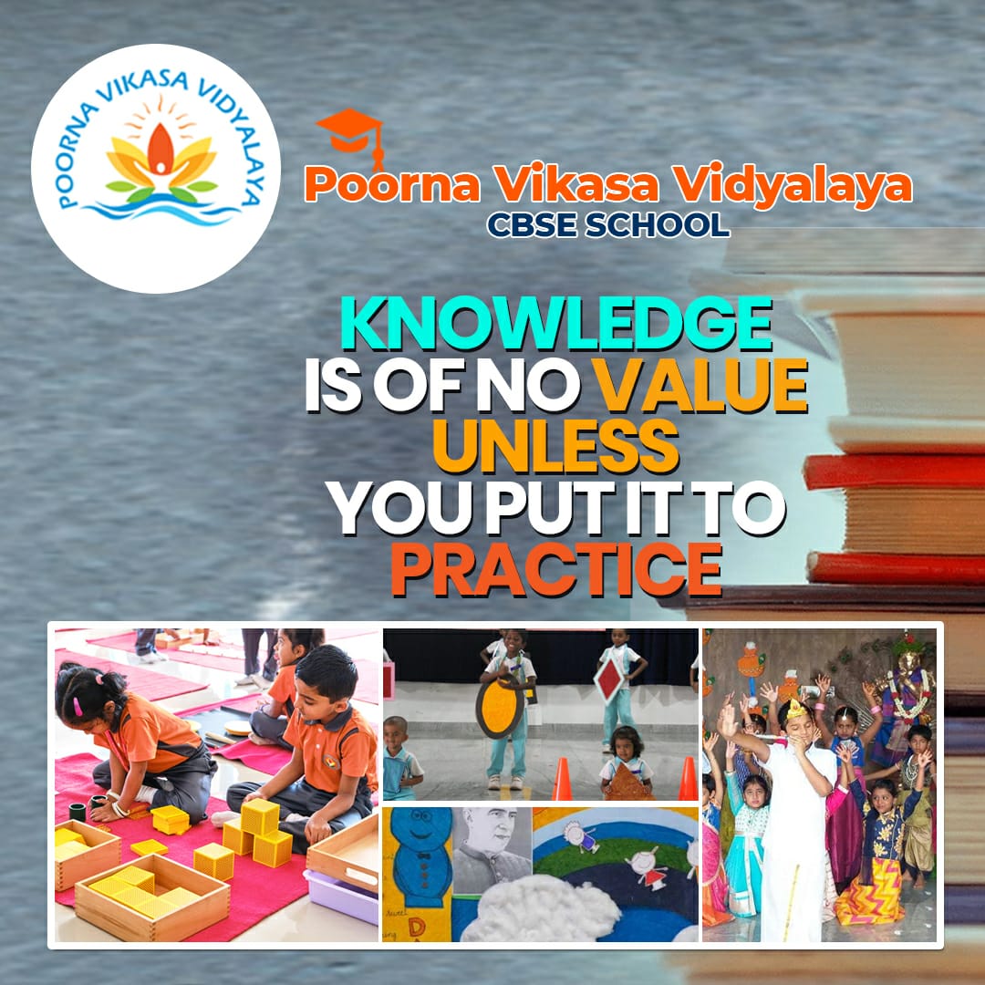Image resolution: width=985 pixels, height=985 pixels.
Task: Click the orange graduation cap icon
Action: [x=350, y=137]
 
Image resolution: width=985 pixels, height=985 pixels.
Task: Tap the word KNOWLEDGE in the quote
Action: [x=556, y=324]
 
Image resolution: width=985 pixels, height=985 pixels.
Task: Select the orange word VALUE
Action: [x=700, y=385]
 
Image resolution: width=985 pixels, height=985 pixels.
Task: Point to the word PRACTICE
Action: [x=556, y=569]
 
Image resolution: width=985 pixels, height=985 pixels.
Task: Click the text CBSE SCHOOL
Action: [x=608, y=224]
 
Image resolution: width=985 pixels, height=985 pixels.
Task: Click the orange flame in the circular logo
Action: [x=161, y=149]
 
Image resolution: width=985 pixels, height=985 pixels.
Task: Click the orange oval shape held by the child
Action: [x=500, y=706]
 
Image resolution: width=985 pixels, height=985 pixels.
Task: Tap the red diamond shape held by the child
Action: [x=608, y=680]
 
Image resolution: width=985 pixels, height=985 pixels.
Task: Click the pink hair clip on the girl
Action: [x=78, y=706]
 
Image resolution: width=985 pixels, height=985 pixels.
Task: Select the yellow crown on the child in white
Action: [x=796, y=710]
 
